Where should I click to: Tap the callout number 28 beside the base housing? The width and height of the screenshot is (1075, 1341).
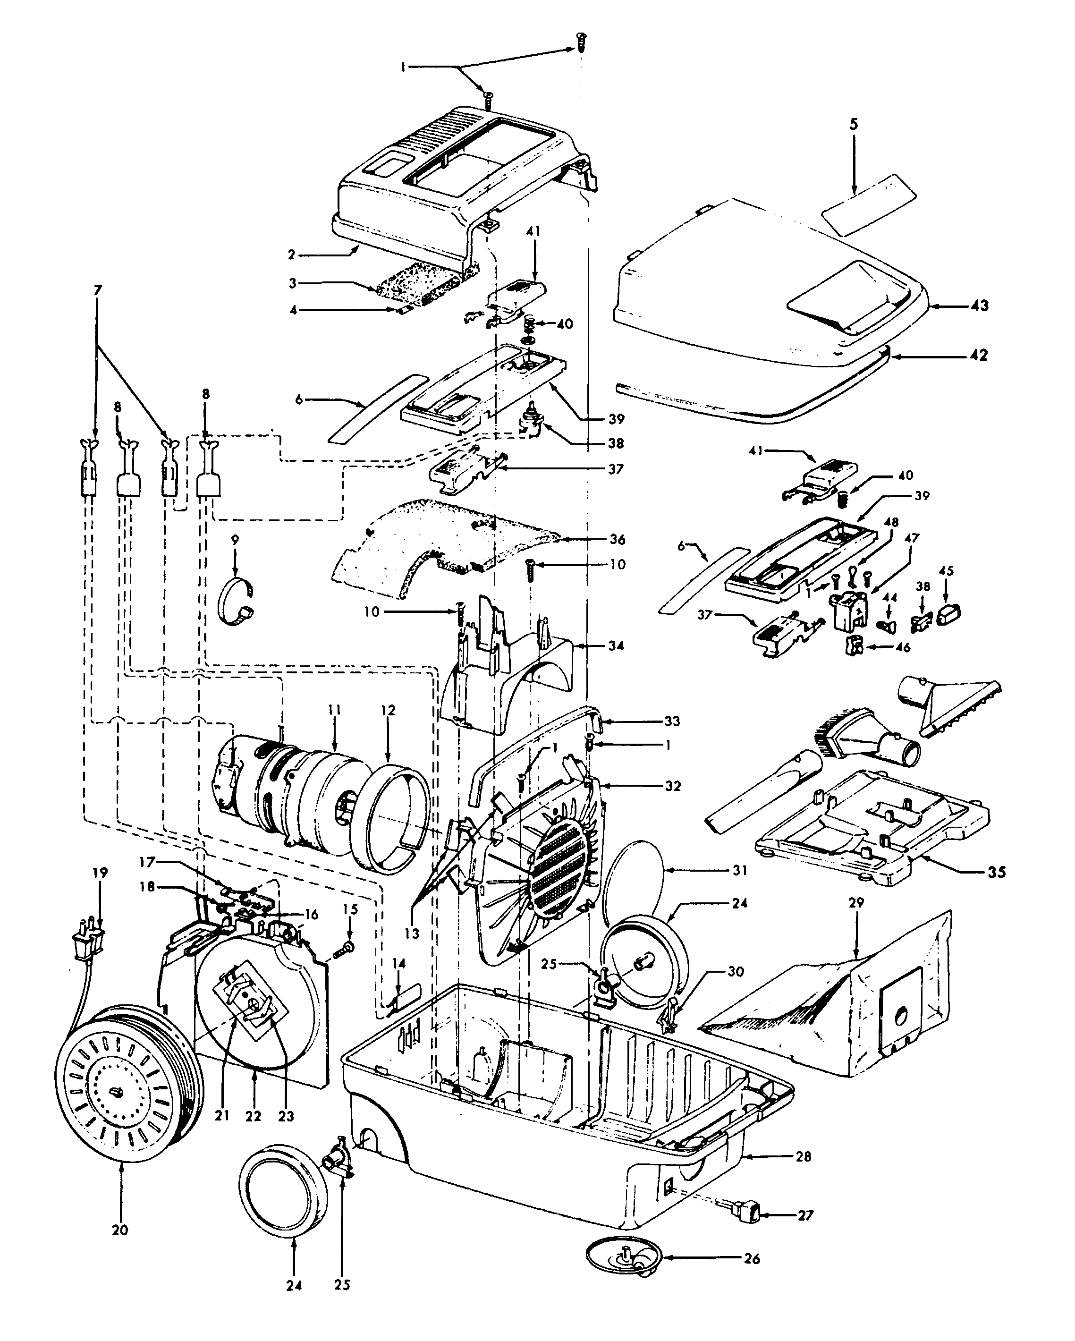(x=803, y=1156)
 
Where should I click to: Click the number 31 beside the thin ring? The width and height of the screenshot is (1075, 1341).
(x=739, y=870)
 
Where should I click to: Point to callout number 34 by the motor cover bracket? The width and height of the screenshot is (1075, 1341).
(x=616, y=645)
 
